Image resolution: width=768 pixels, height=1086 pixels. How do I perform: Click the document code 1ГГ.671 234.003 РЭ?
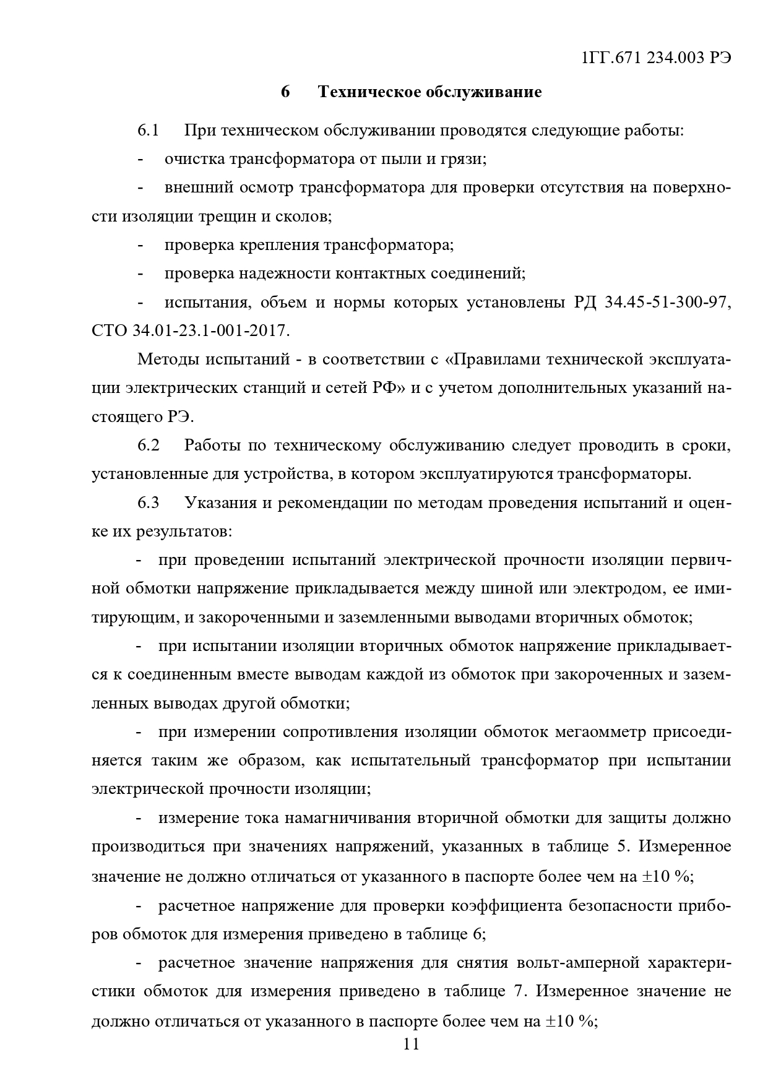click(x=657, y=58)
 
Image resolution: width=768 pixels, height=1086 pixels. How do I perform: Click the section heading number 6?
click(x=285, y=92)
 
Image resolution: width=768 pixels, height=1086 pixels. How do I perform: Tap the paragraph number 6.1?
click(x=149, y=131)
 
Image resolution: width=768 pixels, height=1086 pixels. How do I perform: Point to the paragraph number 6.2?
click(x=149, y=446)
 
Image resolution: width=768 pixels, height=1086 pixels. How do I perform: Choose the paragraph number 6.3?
click(x=149, y=502)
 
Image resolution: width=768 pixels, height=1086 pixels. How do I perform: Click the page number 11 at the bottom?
click(x=411, y=1044)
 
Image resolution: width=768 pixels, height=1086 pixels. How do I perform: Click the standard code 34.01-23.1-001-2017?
click(x=210, y=331)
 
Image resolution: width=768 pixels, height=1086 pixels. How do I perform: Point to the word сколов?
click(x=304, y=217)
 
